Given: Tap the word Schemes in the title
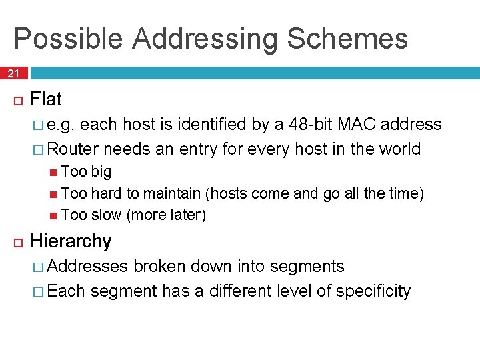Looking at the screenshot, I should (x=347, y=39).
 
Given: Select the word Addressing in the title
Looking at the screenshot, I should (x=205, y=39).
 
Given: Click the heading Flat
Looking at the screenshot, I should (x=46, y=100).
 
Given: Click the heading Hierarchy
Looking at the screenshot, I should (x=71, y=241).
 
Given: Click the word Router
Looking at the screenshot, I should (x=73, y=149).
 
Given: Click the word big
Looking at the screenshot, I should (x=101, y=172).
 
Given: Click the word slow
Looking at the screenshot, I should (x=106, y=215).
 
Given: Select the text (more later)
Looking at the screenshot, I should (x=166, y=215).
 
